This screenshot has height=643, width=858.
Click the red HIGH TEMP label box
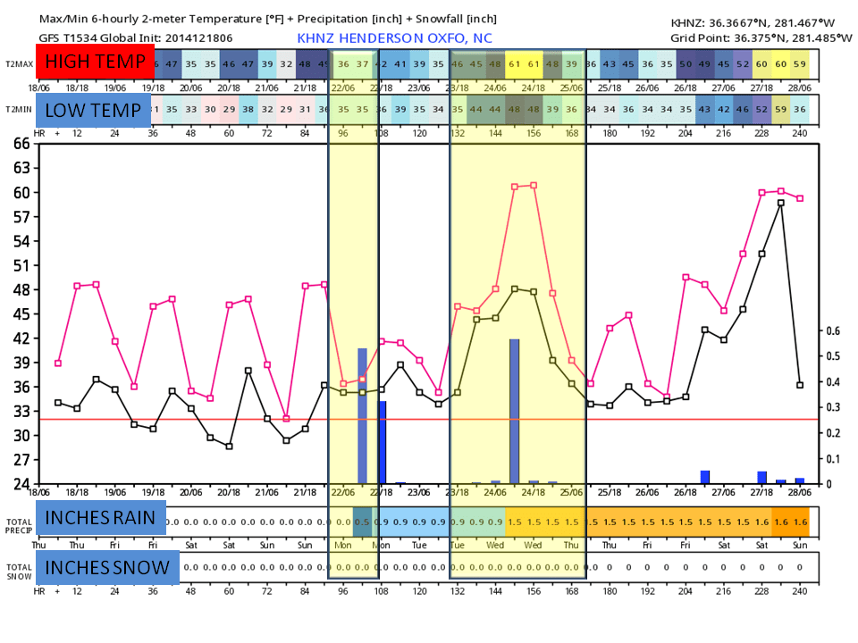pos(95,63)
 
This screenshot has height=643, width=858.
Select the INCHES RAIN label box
pos(101,518)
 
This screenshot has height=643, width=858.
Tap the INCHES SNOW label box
pos(107,567)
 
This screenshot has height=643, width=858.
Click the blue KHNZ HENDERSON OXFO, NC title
pos(394,38)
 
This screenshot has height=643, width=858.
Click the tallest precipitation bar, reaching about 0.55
pos(515,411)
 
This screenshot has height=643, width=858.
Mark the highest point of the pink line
pos(534,185)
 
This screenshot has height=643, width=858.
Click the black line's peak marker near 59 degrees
pos(781,203)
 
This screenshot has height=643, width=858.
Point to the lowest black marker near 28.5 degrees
pos(229,447)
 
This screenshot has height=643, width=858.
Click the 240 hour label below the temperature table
pos(800,133)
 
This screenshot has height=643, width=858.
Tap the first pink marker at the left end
pos(58,363)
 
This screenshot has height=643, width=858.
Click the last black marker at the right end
pos(800,385)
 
